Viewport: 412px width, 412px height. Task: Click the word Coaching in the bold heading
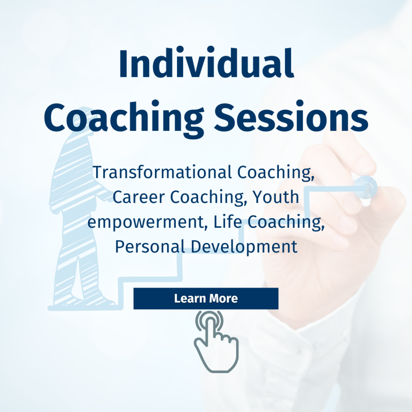(124, 119)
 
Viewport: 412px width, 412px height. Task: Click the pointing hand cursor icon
(216, 341)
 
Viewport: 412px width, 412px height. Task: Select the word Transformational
(162, 172)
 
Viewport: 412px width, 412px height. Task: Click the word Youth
(275, 197)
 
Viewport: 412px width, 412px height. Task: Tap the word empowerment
(146, 222)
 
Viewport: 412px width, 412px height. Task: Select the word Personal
(150, 247)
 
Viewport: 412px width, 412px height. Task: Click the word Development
(244, 247)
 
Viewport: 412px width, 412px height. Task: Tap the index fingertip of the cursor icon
(210, 320)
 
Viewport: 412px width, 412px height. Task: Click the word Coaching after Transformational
(276, 173)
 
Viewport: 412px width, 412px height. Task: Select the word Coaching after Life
(286, 222)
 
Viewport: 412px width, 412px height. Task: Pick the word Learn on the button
(190, 299)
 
